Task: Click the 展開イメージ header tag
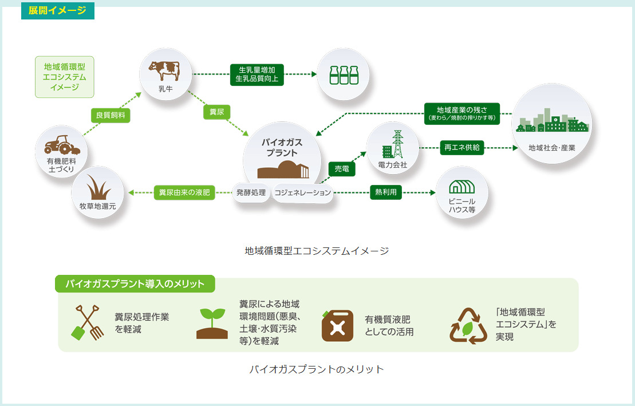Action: tap(57, 10)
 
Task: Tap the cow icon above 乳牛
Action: tap(164, 70)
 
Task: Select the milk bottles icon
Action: tap(344, 75)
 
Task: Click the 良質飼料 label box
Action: tap(111, 115)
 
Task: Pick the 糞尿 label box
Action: tap(216, 112)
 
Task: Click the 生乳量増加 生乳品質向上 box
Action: tap(257, 74)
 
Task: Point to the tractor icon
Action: tap(62, 145)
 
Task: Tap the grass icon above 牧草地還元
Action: tap(98, 187)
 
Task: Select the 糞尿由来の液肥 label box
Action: tap(184, 192)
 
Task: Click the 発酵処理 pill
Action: tap(251, 192)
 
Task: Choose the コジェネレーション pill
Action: tap(303, 193)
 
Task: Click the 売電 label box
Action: tap(342, 169)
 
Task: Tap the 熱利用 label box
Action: tap(385, 192)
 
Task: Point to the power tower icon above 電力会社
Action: tap(393, 144)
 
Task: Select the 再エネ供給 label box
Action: tap(462, 148)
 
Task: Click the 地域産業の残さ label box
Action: tap(462, 113)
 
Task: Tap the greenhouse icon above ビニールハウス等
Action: tap(462, 187)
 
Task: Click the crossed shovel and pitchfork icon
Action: tap(86, 322)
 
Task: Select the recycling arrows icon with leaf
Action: tap(468, 326)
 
